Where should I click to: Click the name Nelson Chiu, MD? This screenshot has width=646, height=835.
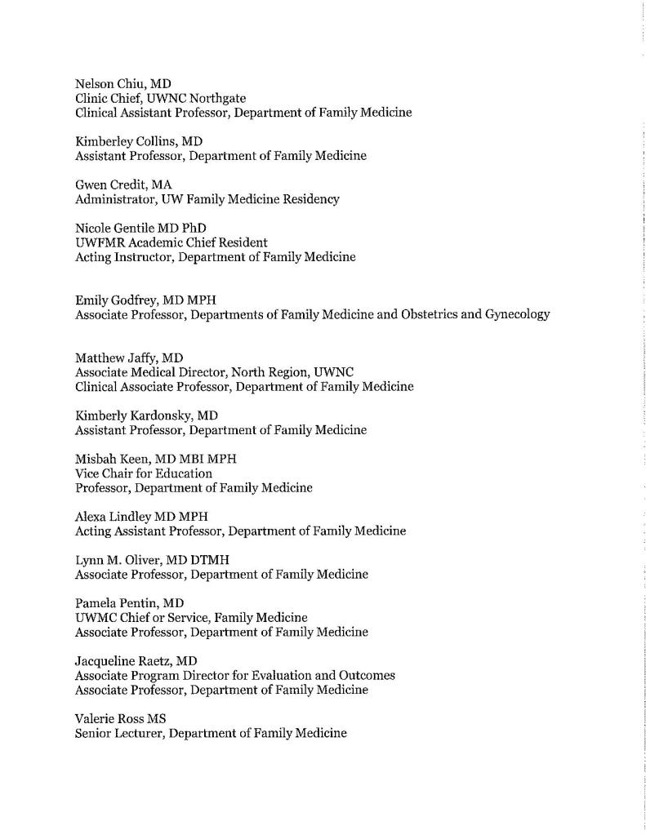(x=123, y=83)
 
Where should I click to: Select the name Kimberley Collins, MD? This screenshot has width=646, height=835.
(x=139, y=141)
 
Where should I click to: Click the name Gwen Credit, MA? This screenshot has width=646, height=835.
(x=123, y=184)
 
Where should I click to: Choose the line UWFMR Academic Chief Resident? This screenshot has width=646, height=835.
(x=172, y=242)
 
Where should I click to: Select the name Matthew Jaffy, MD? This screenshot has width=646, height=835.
(x=129, y=358)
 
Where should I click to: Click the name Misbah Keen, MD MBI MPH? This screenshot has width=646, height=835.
(x=155, y=459)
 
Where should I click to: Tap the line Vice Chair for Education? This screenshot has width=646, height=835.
(x=144, y=473)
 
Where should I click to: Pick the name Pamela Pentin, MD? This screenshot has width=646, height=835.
(x=130, y=603)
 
